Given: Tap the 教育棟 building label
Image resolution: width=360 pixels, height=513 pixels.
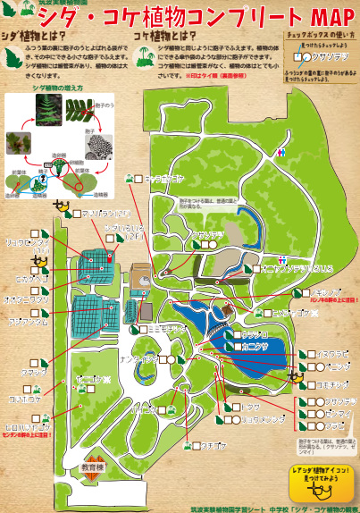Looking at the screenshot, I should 92,467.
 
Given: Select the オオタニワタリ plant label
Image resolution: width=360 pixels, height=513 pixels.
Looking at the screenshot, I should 29,299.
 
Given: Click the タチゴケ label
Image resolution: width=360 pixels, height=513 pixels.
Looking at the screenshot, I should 218,444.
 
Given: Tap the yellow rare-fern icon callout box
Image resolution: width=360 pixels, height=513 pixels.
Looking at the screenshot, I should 317,480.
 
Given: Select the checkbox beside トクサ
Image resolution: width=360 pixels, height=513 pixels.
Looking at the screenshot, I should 235,408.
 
